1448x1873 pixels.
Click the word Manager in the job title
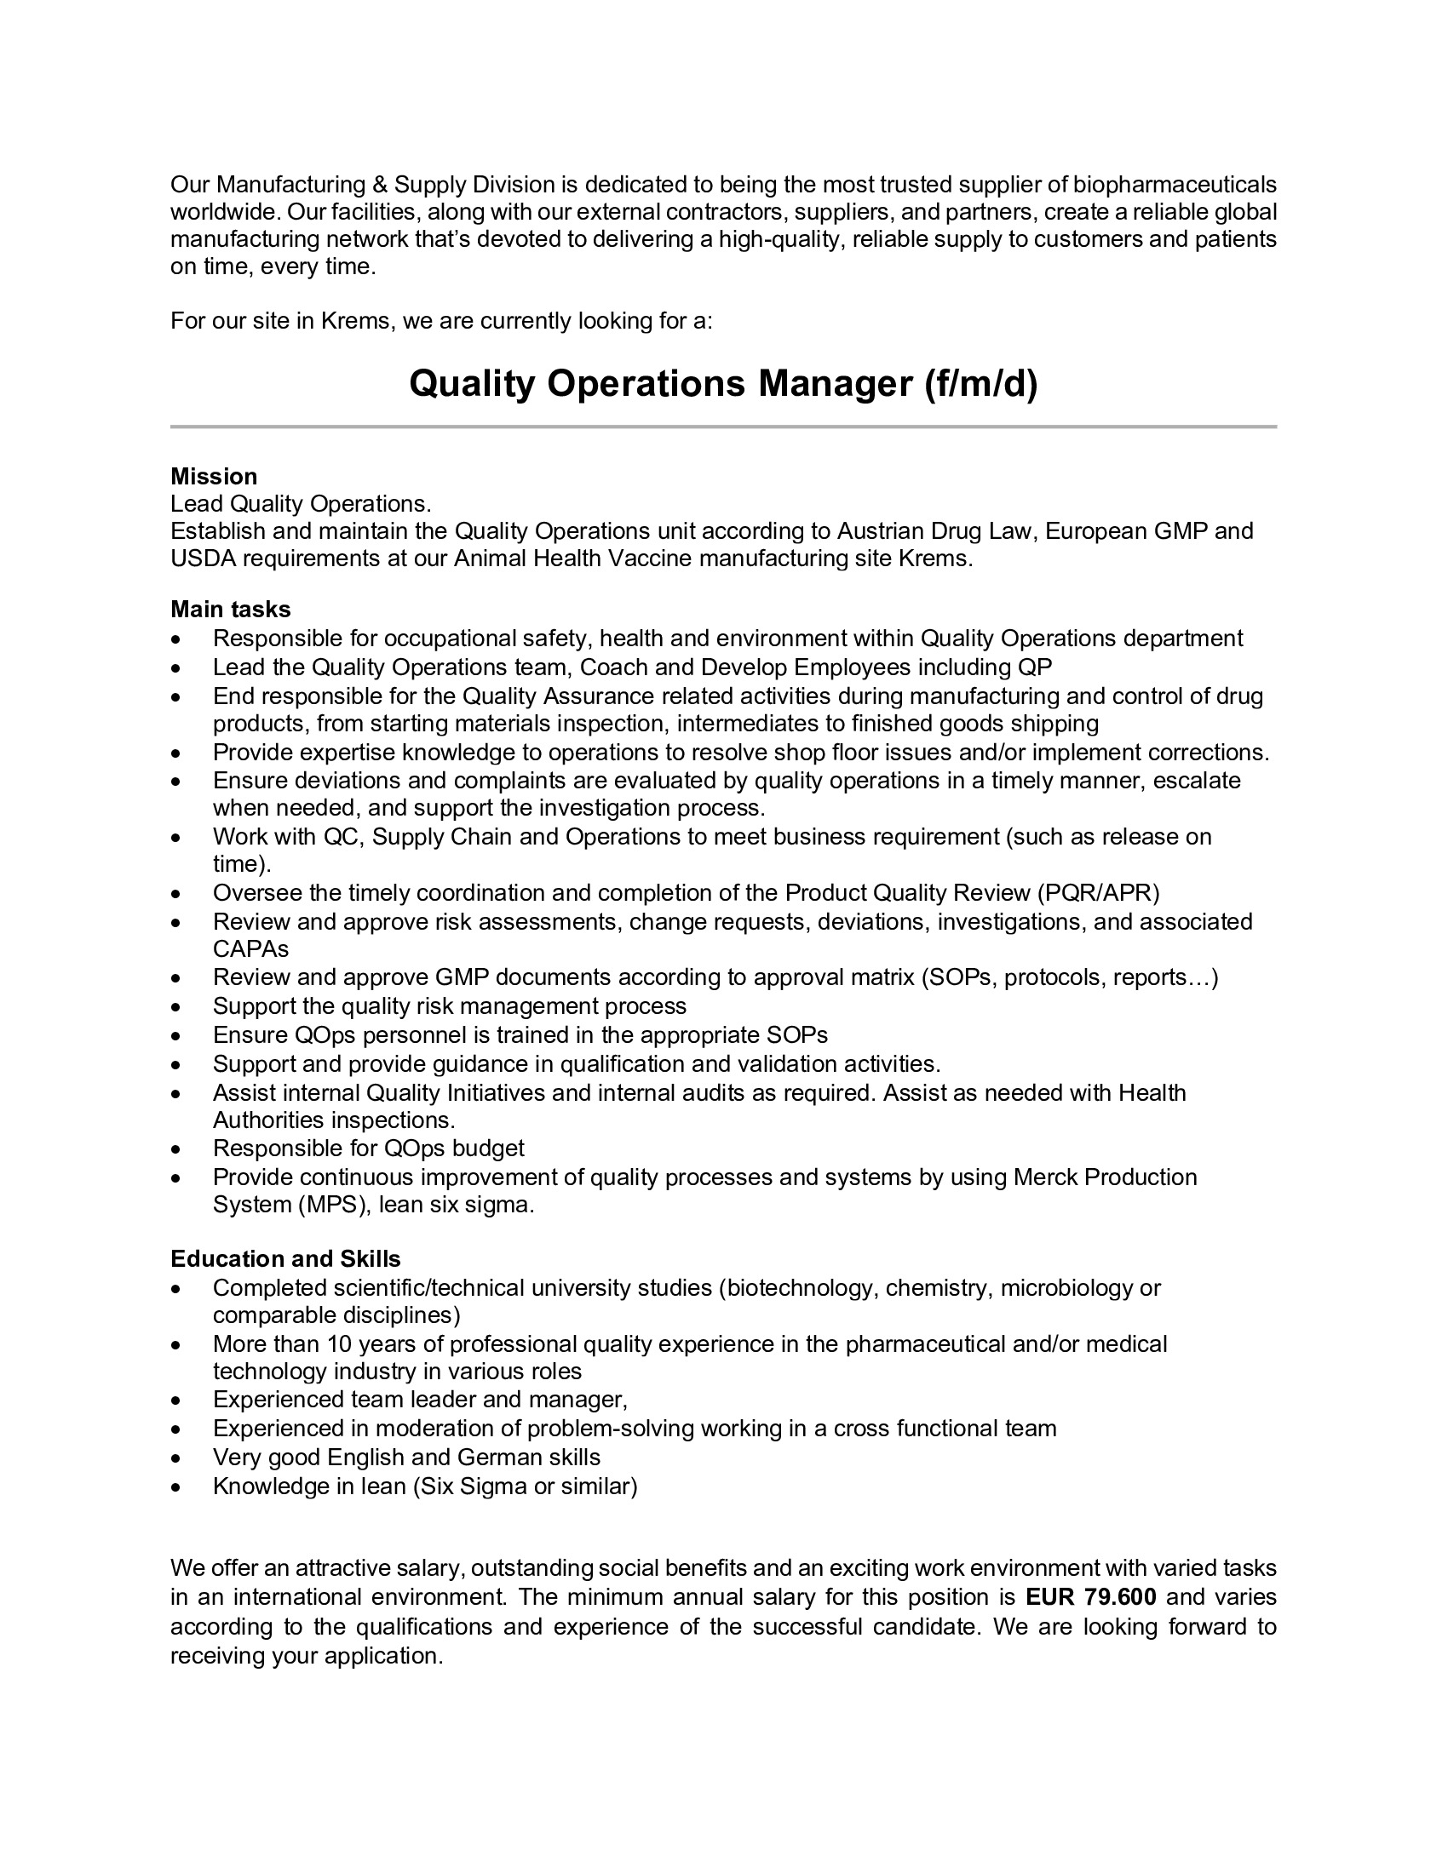[835, 383]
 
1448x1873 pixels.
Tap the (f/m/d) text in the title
[980, 383]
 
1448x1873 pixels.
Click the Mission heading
[214, 477]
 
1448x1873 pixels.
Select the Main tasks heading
[231, 610]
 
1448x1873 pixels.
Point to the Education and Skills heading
[285, 1259]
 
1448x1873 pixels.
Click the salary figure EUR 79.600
[1091, 1597]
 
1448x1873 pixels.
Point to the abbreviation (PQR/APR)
[1098, 894]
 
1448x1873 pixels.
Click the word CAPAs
[250, 949]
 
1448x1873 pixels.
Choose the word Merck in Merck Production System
[1046, 1177]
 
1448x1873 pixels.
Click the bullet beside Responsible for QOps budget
[175, 1149]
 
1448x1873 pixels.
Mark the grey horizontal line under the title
[723, 427]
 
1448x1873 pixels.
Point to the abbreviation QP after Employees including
[1036, 667]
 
